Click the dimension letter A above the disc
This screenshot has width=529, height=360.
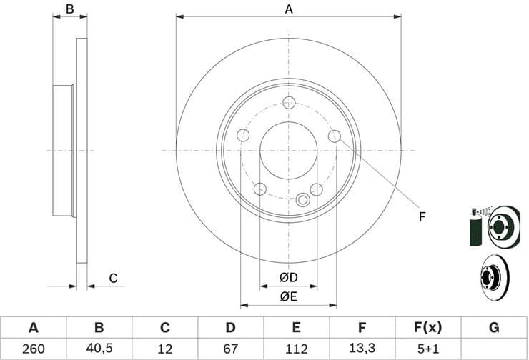pyautogui.click(x=289, y=9)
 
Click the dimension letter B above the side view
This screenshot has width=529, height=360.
pyautogui.click(x=70, y=9)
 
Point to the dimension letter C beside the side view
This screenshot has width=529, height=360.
pyautogui.click(x=112, y=279)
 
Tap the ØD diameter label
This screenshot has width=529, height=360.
pyautogui.click(x=289, y=277)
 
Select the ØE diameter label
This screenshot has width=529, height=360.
pyautogui.click(x=289, y=295)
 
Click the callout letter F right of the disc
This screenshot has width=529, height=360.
pyautogui.click(x=422, y=216)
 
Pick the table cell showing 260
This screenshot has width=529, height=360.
pyautogui.click(x=33, y=349)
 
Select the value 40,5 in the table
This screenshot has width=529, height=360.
pyautogui.click(x=99, y=349)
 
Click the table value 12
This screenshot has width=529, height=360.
pyautogui.click(x=164, y=349)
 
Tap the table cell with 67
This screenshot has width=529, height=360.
pyautogui.click(x=230, y=349)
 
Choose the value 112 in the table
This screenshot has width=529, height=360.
pyautogui.click(x=296, y=349)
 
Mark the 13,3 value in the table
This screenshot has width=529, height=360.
pyautogui.click(x=362, y=349)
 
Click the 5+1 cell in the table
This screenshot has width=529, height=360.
pyautogui.click(x=427, y=349)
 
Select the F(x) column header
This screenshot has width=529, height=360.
pyautogui.click(x=427, y=328)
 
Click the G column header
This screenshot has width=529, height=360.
pyautogui.click(x=493, y=328)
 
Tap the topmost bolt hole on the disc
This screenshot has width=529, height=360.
pyautogui.click(x=289, y=103)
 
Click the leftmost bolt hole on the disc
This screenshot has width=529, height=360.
pyautogui.click(x=243, y=136)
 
